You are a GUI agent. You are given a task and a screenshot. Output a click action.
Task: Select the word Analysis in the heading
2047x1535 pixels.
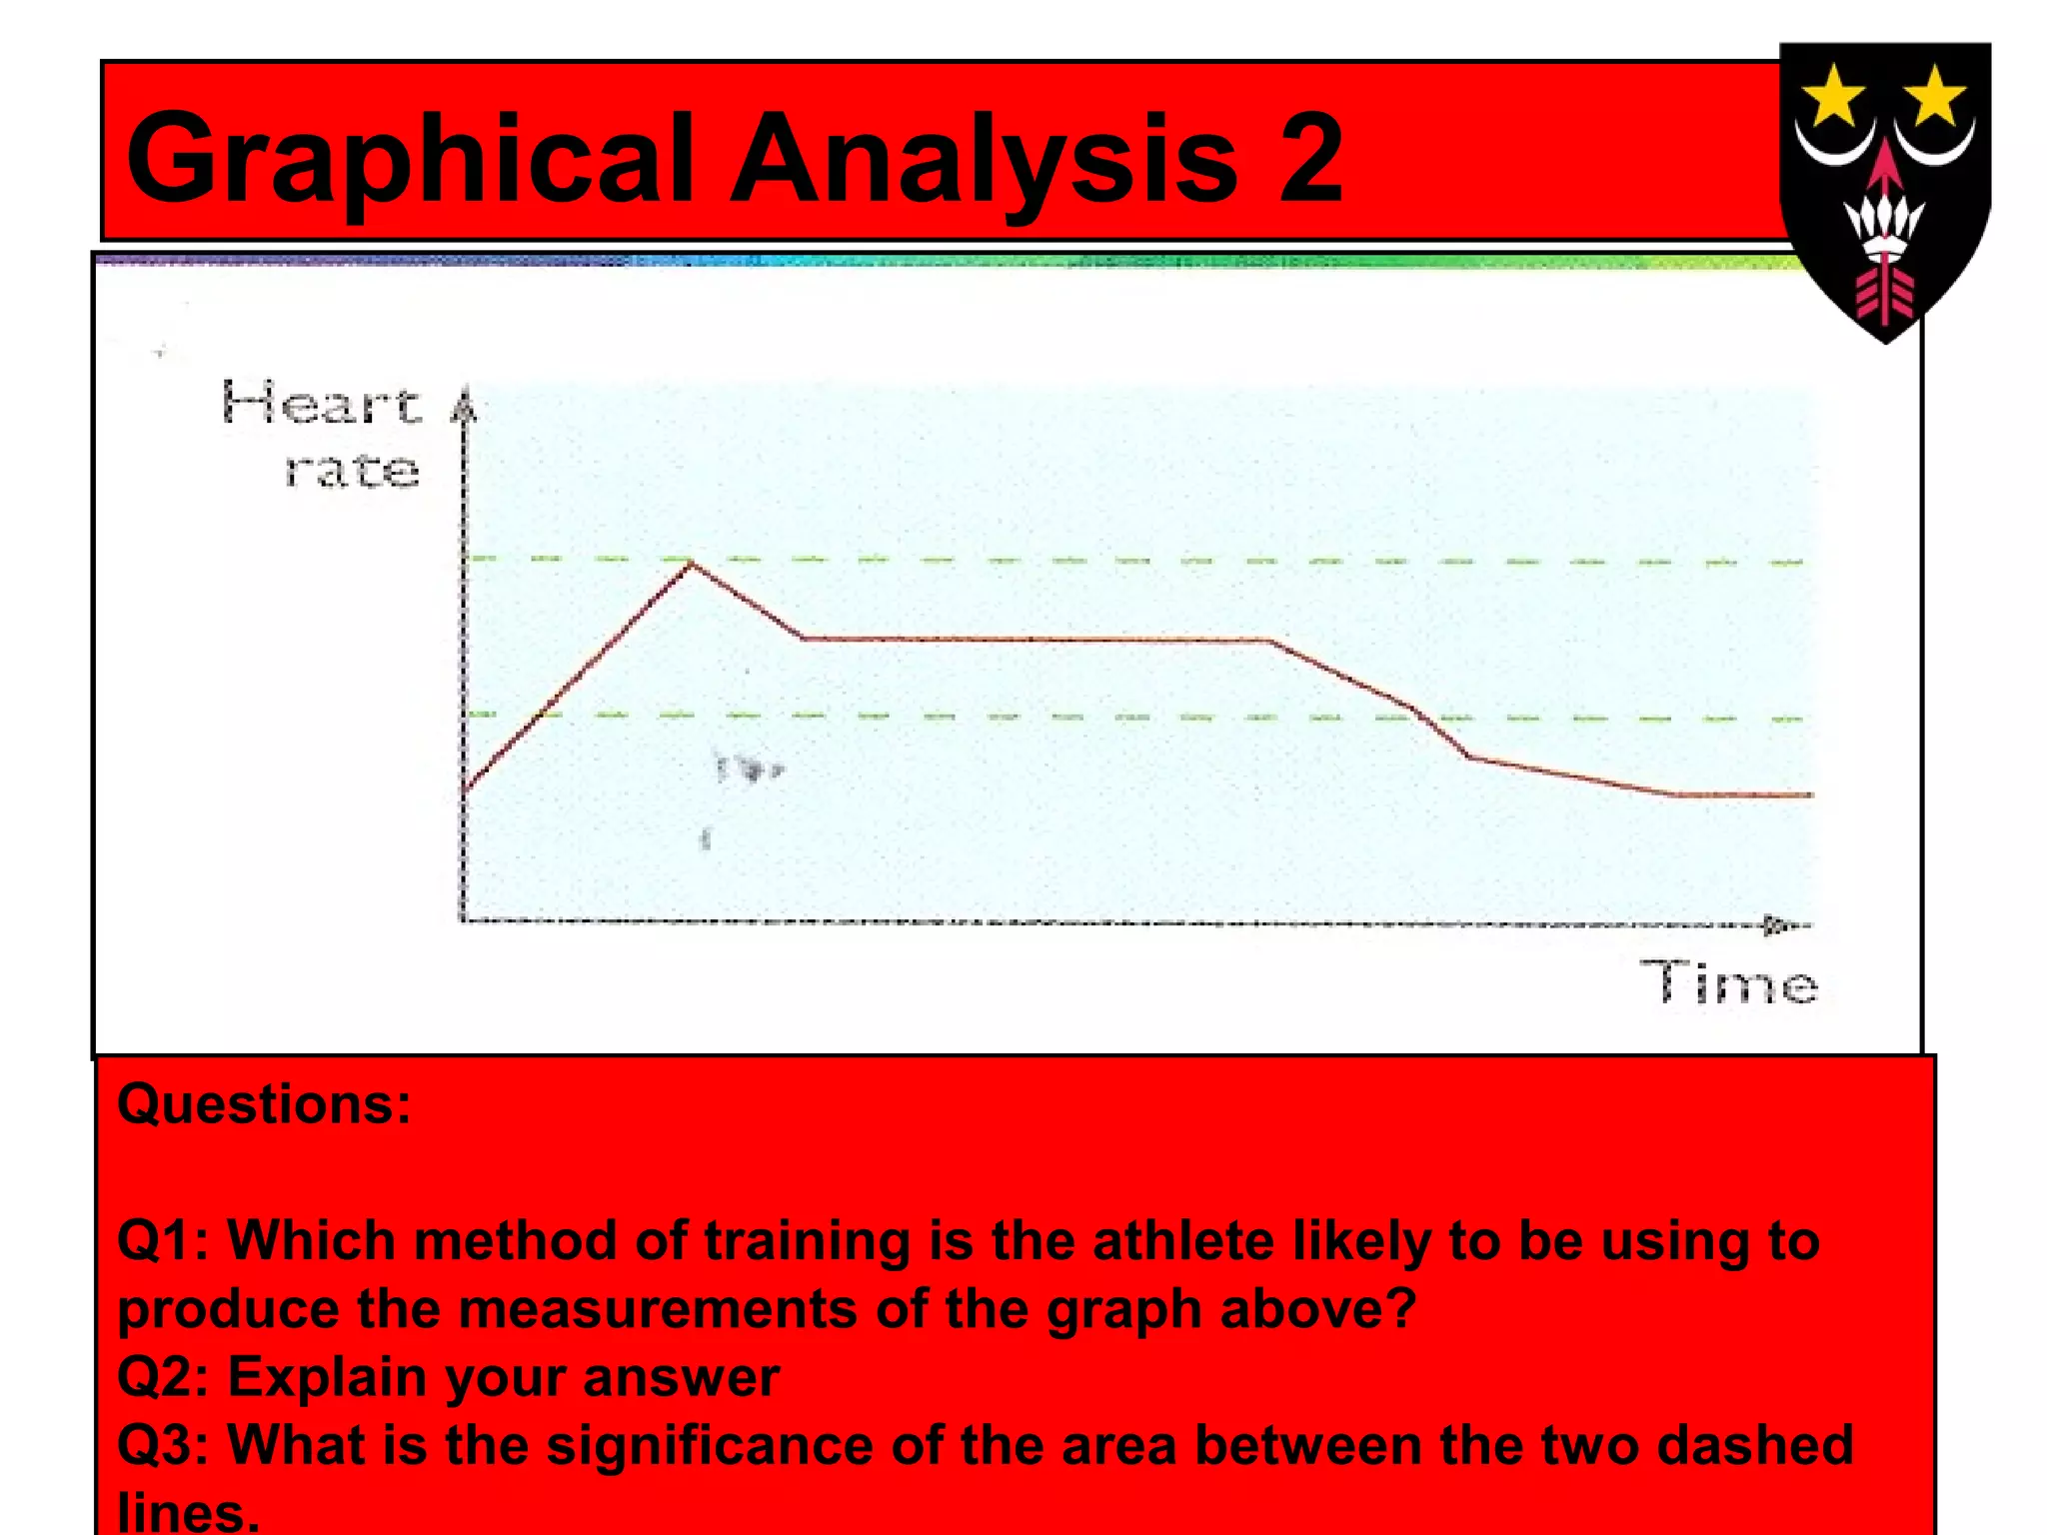click(985, 160)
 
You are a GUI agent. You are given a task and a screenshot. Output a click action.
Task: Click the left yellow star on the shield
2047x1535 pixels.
click(1832, 96)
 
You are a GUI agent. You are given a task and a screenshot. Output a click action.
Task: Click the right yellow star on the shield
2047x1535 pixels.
click(1934, 96)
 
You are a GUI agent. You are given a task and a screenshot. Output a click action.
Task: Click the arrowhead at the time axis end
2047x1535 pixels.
click(1777, 924)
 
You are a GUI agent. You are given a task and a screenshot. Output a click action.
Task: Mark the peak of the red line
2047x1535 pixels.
click(692, 566)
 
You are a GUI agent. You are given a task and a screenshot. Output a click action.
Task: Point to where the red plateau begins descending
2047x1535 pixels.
click(1269, 641)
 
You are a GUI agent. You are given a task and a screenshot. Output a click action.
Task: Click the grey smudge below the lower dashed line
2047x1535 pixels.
click(748, 769)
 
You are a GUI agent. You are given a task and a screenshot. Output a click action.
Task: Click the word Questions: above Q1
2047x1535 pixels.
click(264, 1104)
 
